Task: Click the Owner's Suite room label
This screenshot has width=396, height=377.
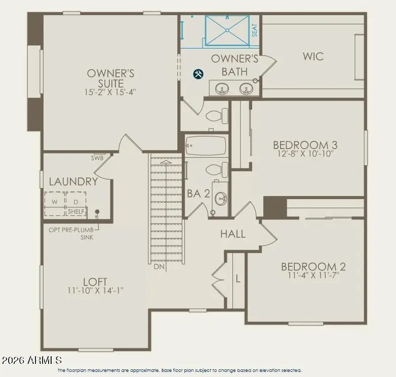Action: point(110,78)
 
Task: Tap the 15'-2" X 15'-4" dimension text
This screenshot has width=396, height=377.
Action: point(110,92)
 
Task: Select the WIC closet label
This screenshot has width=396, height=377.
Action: point(313,56)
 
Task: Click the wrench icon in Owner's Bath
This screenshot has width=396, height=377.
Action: point(199,74)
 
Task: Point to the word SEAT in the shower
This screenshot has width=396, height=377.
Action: point(255,31)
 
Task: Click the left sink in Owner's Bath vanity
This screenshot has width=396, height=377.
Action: point(221,89)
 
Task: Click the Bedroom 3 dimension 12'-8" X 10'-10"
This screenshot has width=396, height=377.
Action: point(305,154)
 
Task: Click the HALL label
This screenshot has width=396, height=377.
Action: point(233,234)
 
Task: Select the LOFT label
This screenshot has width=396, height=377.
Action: point(95,281)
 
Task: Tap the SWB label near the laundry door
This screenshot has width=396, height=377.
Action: point(97,158)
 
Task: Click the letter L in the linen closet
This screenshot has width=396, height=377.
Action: point(237,278)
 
